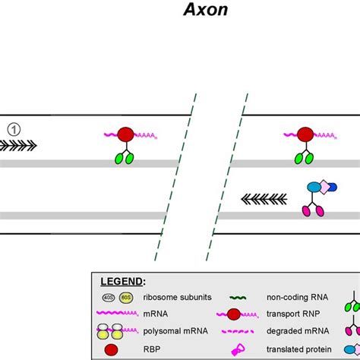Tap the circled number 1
pyautogui.click(x=14, y=128)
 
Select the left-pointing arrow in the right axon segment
pyautogui.click(x=264, y=199)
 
